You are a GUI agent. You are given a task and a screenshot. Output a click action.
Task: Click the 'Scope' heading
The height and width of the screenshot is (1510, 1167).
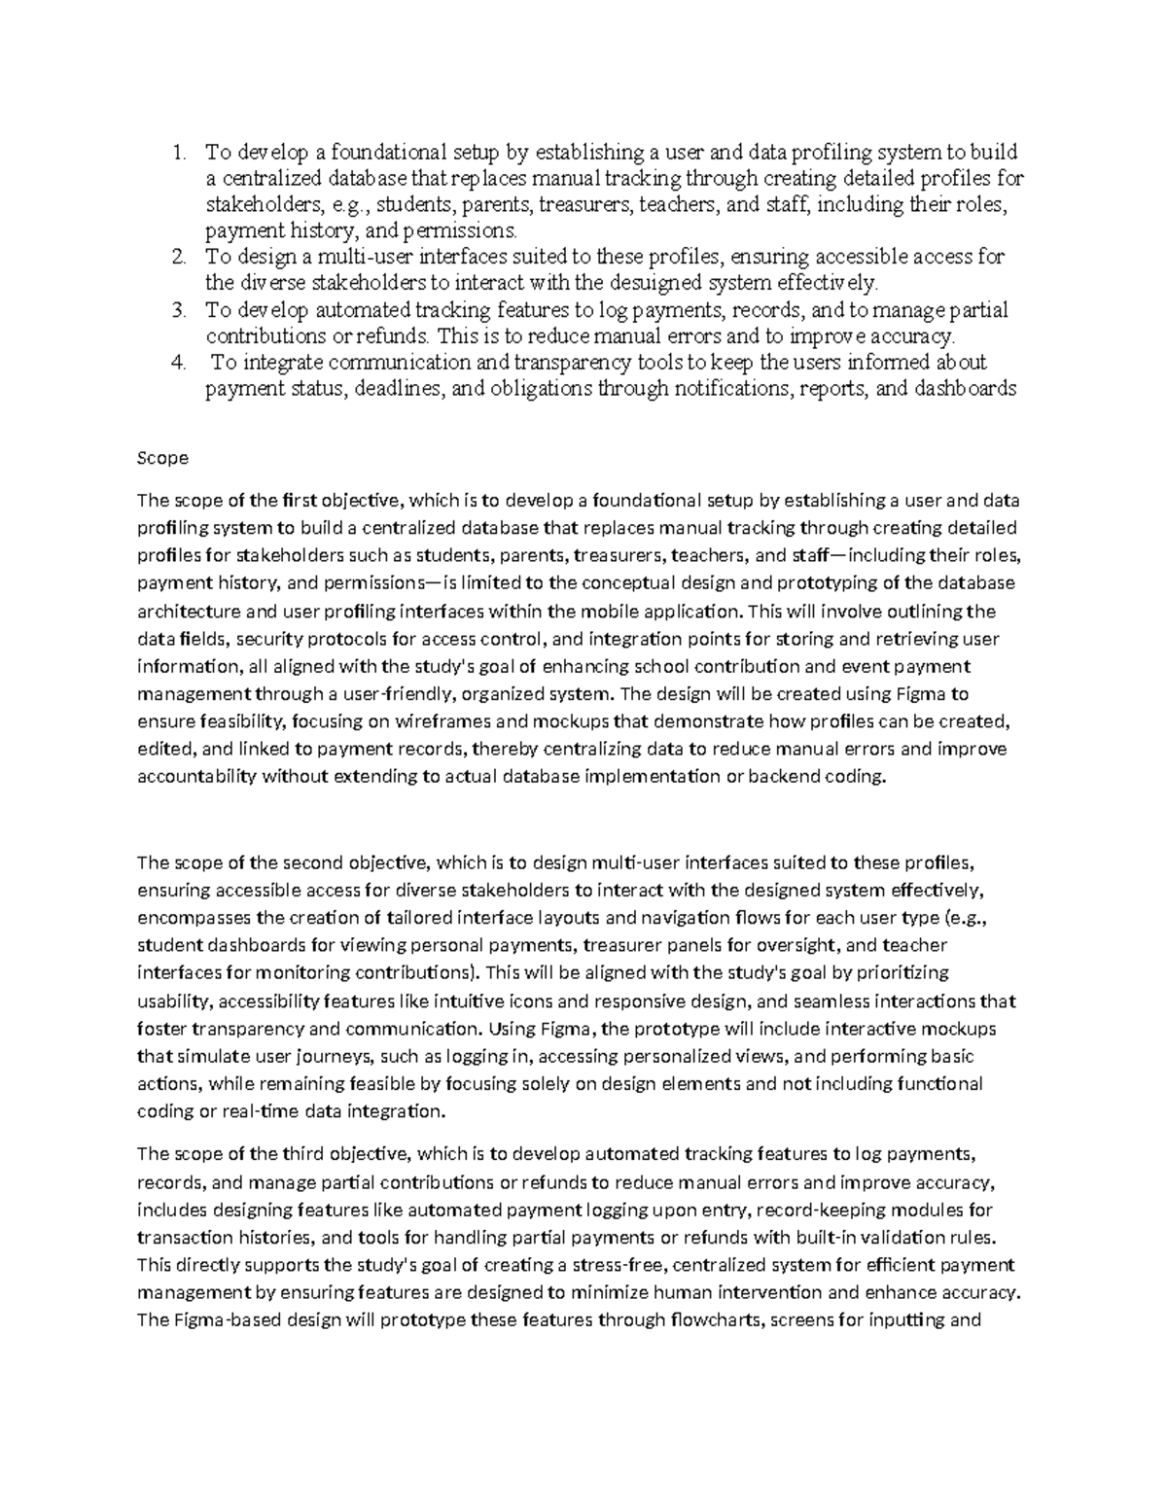pyautogui.click(x=162, y=457)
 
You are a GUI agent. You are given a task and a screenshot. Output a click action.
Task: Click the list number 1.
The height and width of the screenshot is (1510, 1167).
pyautogui.click(x=177, y=153)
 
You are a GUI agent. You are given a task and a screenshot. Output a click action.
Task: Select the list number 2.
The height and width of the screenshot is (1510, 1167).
pyautogui.click(x=177, y=258)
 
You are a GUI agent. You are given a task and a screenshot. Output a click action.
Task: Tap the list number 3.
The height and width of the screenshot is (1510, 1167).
pyautogui.click(x=177, y=310)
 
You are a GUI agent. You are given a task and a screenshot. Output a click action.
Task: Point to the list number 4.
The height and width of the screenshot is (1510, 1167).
pyautogui.click(x=177, y=363)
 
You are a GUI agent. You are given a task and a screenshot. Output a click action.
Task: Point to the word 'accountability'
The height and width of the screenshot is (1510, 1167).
pyautogui.click(x=197, y=776)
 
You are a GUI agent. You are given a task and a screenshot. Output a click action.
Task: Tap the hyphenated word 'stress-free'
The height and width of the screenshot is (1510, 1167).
pyautogui.click(x=626, y=1265)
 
